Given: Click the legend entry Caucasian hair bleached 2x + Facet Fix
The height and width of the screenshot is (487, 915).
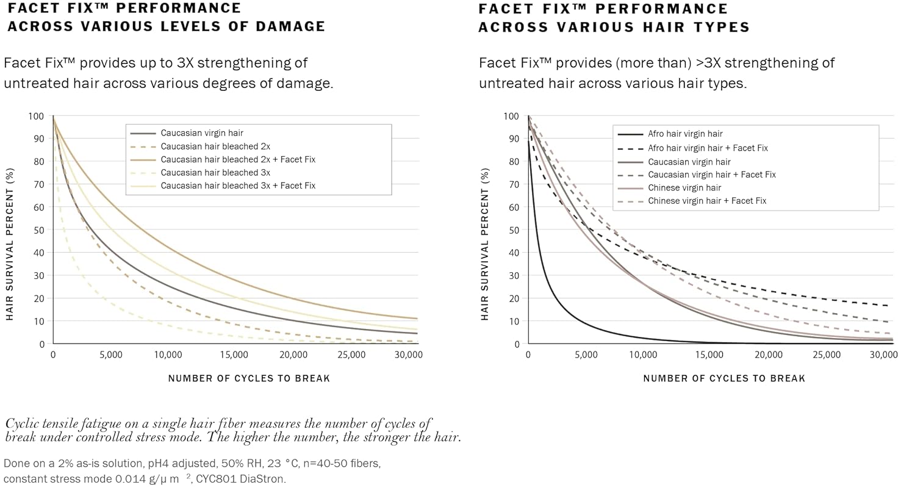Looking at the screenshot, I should (238, 159).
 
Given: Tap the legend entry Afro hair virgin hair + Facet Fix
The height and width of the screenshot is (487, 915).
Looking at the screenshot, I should (708, 148).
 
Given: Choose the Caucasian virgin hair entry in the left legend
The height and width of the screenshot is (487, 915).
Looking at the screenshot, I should (202, 132).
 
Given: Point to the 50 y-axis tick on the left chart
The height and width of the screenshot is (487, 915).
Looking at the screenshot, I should (39, 230).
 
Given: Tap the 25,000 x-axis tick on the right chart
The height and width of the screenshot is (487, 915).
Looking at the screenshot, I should (825, 355).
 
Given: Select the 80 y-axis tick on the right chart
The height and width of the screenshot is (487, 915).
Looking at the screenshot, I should (514, 162).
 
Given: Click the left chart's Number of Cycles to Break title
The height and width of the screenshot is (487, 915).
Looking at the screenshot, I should (249, 378).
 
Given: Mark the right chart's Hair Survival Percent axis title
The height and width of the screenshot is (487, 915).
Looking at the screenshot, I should (486, 244).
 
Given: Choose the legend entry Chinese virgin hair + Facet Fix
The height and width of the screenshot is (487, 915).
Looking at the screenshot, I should (707, 201).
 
